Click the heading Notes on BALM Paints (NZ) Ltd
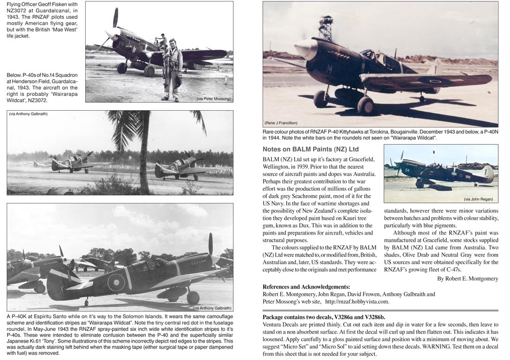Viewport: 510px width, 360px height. (x=311, y=149)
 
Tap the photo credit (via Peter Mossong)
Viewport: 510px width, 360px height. (x=213, y=98)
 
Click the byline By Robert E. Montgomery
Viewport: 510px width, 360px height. (x=468, y=278)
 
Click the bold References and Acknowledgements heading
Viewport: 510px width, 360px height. (x=306, y=287)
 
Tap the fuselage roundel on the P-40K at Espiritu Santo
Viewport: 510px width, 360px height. (x=116, y=282)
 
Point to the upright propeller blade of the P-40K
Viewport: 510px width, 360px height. (x=210, y=244)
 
